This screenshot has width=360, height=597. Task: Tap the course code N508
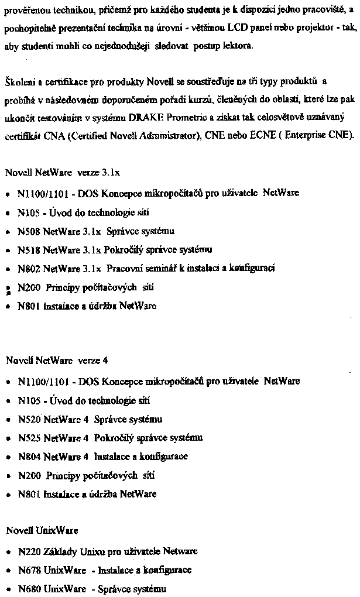[29, 231]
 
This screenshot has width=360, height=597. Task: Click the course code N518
[29, 250]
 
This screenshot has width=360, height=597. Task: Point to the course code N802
[29, 269]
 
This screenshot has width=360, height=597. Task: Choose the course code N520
[29, 419]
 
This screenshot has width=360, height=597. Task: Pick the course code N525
[29, 438]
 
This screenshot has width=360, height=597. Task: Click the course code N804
[29, 457]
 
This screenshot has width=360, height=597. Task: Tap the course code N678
[29, 570]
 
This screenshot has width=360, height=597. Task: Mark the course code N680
[29, 588]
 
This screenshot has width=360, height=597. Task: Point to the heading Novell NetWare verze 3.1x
[63, 173]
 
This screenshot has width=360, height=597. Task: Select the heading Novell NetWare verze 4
[57, 361]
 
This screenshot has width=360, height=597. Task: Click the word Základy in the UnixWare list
[59, 551]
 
